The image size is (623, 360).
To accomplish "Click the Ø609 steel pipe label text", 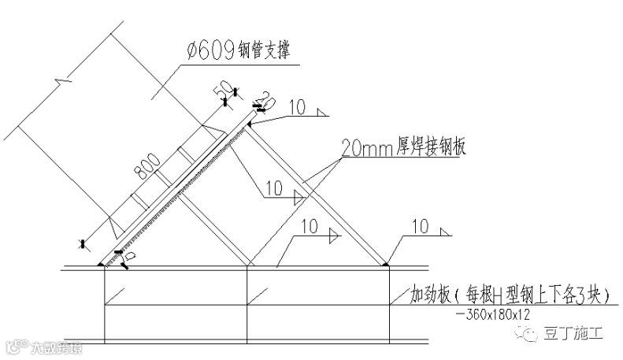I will [x=236, y=51].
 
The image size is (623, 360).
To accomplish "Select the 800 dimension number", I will [x=147, y=163].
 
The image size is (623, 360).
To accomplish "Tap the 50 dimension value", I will [x=224, y=87].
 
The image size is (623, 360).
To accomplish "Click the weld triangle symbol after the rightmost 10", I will [x=447, y=232].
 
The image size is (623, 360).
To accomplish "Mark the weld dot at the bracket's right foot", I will [x=388, y=266].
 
